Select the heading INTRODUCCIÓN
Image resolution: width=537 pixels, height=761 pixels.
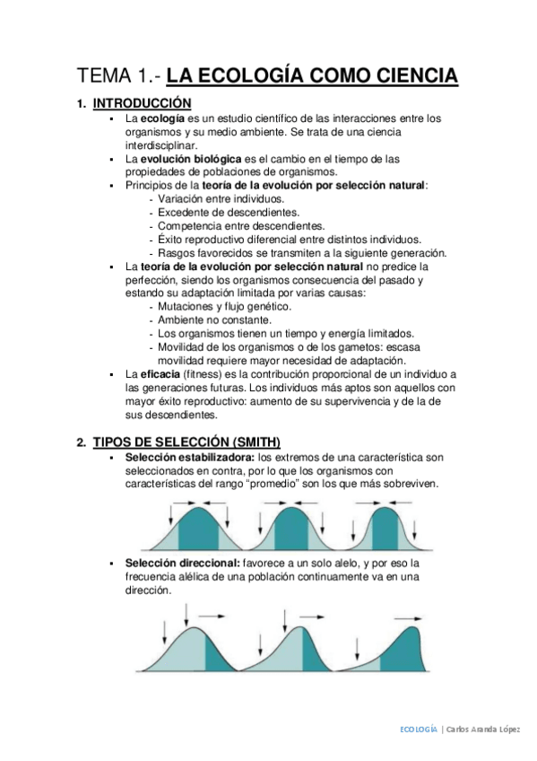(143, 103)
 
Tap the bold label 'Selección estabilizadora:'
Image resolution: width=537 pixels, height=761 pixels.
(182, 458)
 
